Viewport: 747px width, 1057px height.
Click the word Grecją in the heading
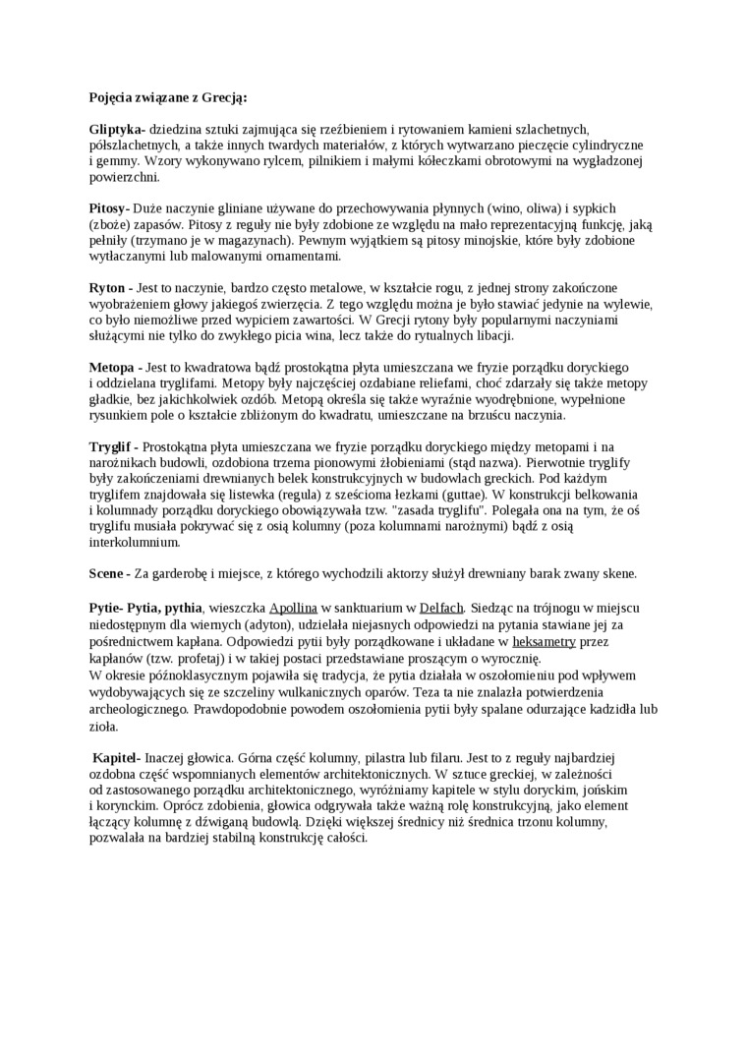pos(225,97)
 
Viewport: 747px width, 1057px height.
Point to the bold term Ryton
pos(108,288)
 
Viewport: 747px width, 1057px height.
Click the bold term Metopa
pos(113,367)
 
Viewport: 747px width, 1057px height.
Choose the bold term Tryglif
pos(112,446)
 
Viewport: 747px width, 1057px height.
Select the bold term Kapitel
pos(117,758)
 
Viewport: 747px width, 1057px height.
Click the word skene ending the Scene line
pos(617,573)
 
